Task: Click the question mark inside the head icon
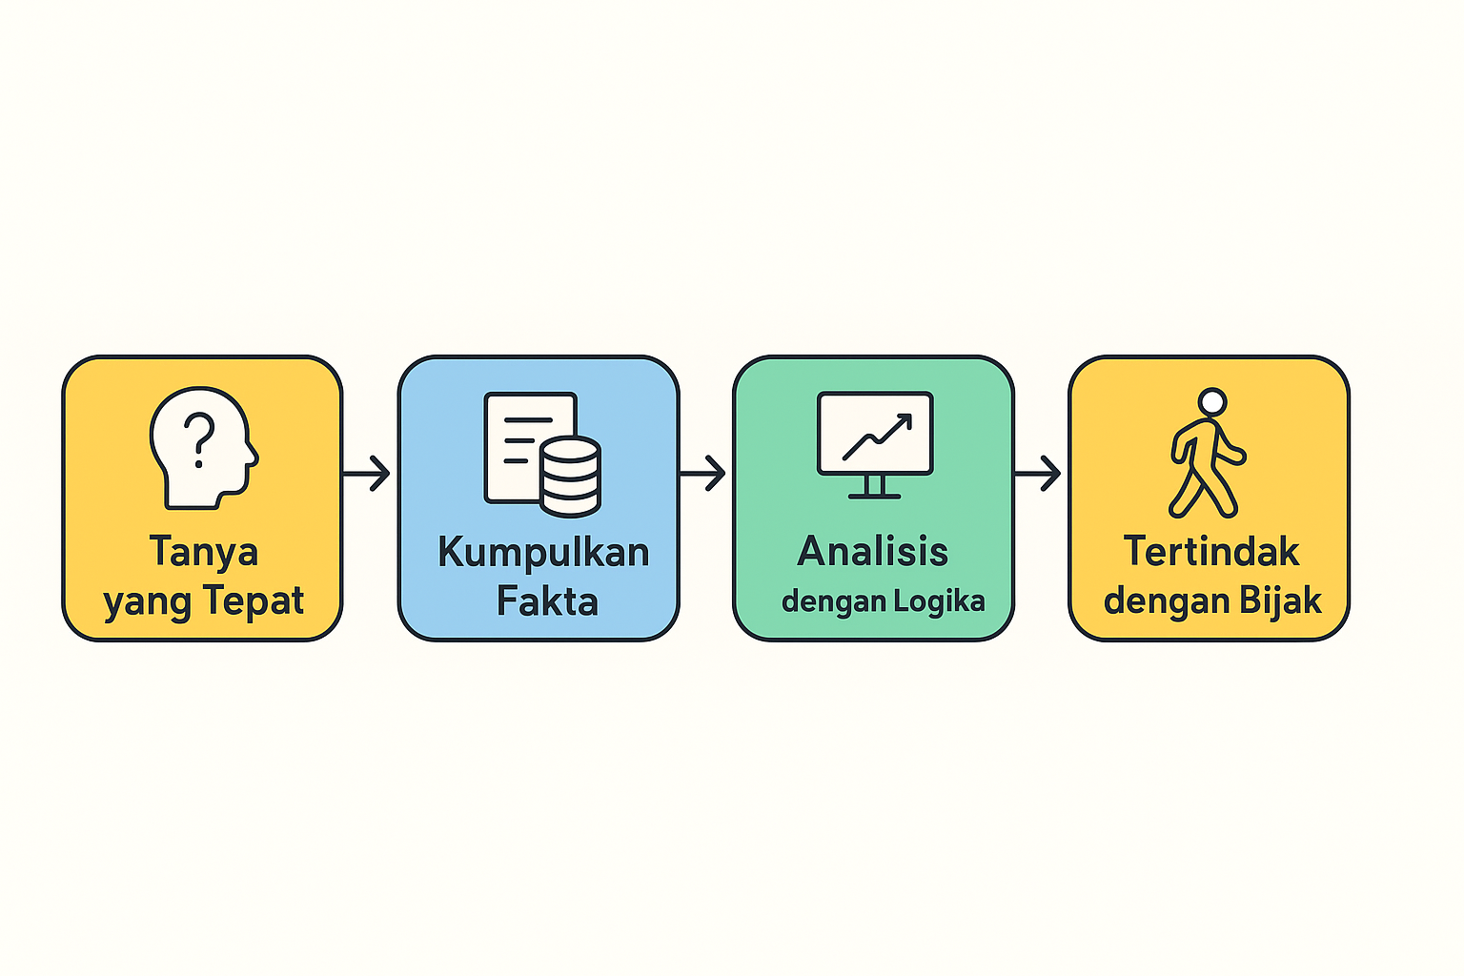pyautogui.click(x=199, y=439)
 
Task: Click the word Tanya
pyautogui.click(x=203, y=552)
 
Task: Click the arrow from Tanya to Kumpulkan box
pyautogui.click(x=367, y=473)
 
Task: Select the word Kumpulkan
pyautogui.click(x=543, y=553)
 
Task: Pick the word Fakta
pyautogui.click(x=547, y=602)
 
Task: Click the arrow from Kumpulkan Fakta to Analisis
pyautogui.click(x=703, y=473)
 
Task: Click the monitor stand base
pyautogui.click(x=874, y=495)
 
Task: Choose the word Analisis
pyautogui.click(x=873, y=552)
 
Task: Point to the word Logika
pyautogui.click(x=939, y=602)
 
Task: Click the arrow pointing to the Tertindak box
pyautogui.click(x=1039, y=473)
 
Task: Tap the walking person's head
pyautogui.click(x=1211, y=401)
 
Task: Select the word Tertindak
pyautogui.click(x=1211, y=552)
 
